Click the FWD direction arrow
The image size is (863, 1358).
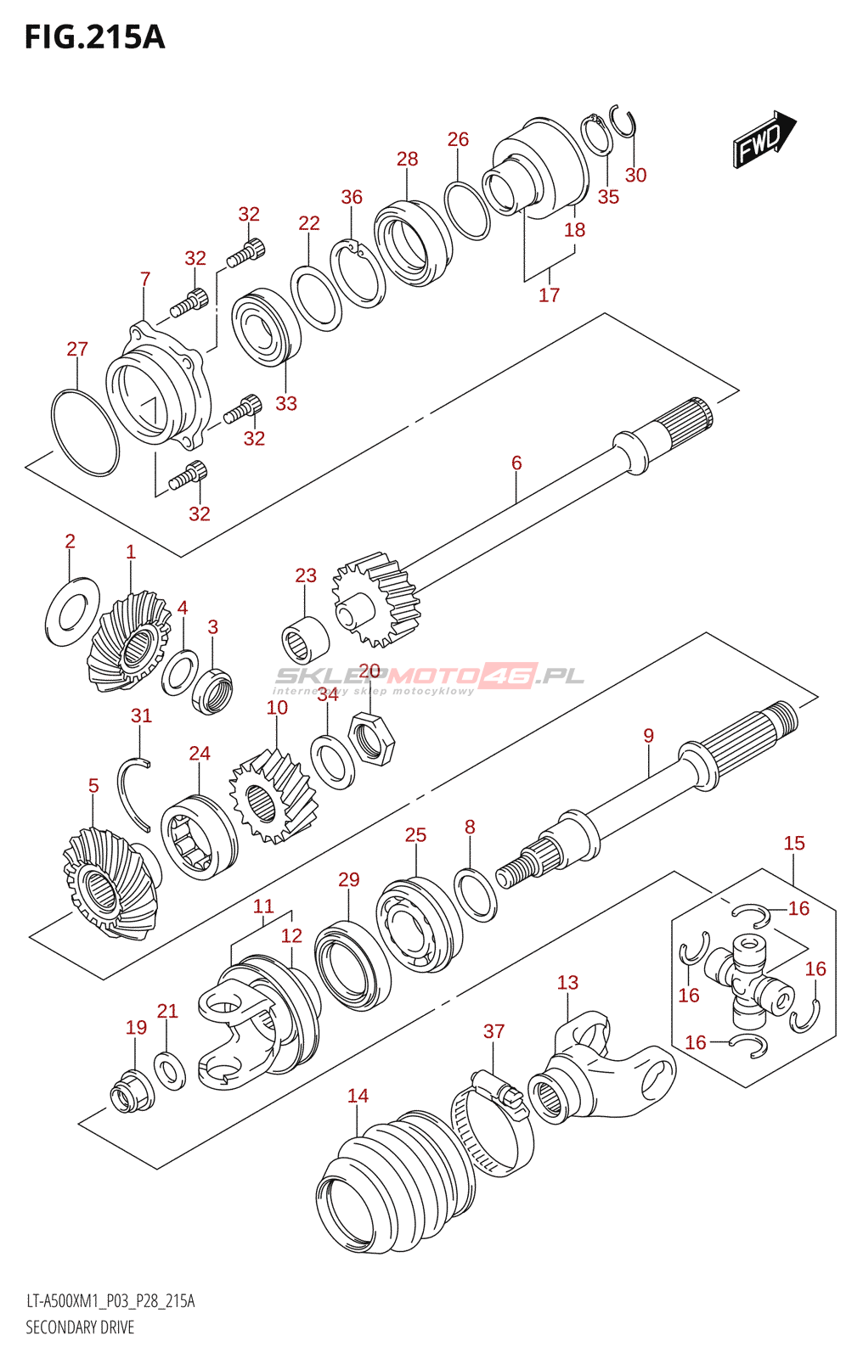click(x=764, y=139)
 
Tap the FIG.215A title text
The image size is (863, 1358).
click(x=94, y=37)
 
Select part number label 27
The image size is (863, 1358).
click(x=77, y=349)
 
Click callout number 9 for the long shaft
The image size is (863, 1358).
click(x=649, y=735)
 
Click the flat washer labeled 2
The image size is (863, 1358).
click(x=72, y=611)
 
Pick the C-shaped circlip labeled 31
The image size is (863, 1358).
click(x=134, y=794)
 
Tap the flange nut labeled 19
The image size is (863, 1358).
click(x=132, y=1091)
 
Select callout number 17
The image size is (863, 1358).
click(x=550, y=295)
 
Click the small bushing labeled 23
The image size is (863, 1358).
click(x=305, y=640)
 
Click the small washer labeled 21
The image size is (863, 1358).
click(x=169, y=1071)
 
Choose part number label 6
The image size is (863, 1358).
click(x=516, y=463)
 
